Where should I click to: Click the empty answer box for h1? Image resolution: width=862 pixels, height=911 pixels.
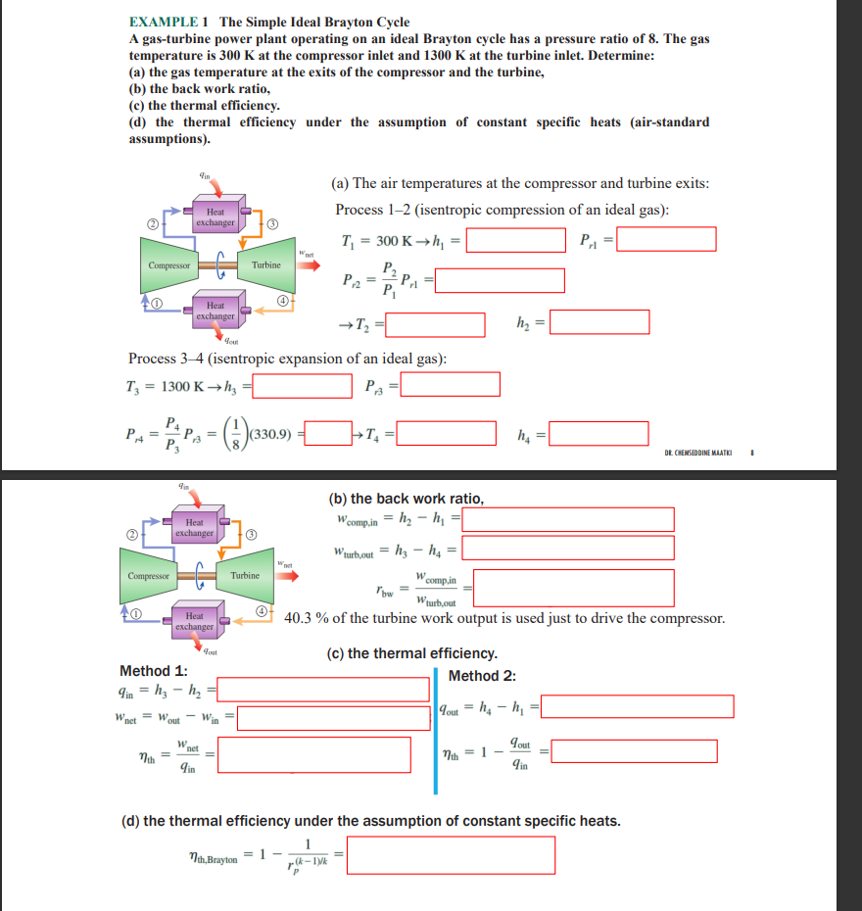coord(515,239)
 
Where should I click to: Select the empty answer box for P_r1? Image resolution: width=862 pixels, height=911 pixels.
coord(666,239)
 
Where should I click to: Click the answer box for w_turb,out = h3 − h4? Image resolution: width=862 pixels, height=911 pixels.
coord(569,548)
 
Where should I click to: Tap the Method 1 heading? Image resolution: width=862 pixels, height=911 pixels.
coord(153,671)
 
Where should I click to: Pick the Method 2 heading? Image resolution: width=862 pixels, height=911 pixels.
coord(481,676)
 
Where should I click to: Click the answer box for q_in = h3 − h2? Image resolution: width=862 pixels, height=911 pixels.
coord(323,690)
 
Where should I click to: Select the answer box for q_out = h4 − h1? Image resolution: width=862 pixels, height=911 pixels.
coord(638,706)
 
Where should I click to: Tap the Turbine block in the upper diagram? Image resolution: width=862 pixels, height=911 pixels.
coord(265,265)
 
